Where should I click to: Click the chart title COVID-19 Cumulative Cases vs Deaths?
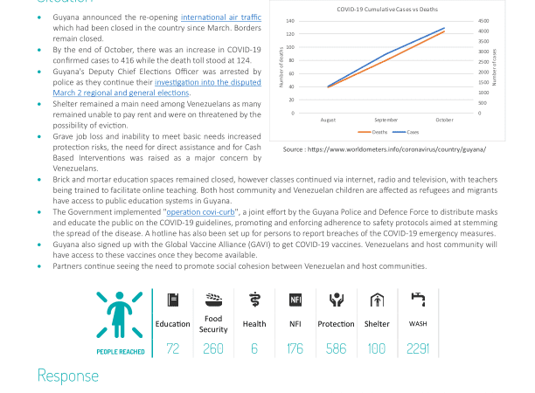387,10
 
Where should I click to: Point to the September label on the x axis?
386,120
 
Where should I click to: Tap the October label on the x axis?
444,120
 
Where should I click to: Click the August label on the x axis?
328,120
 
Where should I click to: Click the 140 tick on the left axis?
291,21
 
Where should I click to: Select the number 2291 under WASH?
418,348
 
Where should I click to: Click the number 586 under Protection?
336,348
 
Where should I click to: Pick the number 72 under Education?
172,348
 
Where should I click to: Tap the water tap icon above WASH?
418,300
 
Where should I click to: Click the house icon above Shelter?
377,300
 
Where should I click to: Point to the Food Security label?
213,324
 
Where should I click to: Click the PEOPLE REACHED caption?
120,352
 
